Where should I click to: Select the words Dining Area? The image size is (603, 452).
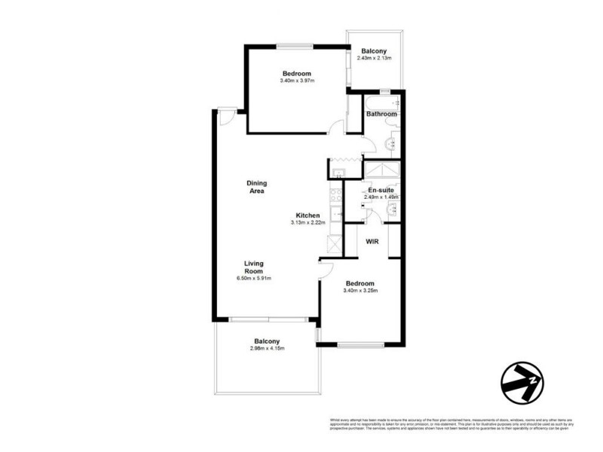pos(257,187)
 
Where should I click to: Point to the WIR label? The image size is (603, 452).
pos(372,242)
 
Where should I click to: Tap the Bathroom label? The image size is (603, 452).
pos(381,114)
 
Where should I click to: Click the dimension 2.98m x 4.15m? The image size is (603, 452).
pos(268,349)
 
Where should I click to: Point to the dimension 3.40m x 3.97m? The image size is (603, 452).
pos(295,81)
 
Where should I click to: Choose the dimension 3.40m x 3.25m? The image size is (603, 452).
pos(358,291)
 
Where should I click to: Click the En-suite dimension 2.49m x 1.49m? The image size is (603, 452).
pos(381,197)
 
